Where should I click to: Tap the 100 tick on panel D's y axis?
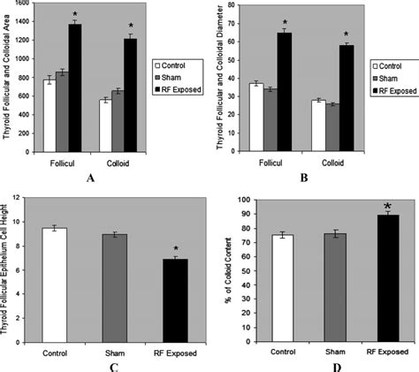tap(244, 200)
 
